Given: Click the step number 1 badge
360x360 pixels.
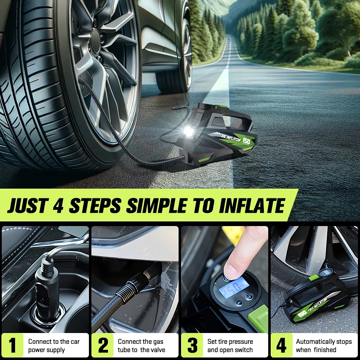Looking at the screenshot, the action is (13, 345).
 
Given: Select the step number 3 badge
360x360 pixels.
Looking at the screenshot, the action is (192, 345).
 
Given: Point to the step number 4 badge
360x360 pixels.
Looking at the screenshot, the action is (282, 345).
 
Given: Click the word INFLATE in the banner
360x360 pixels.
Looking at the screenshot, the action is (252, 205).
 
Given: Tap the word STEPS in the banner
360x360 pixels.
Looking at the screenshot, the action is (95, 205).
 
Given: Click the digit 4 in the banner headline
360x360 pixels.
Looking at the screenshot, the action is (58, 205).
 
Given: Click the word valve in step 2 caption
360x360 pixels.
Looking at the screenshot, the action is (158, 350).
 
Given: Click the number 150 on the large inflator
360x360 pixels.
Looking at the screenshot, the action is (246, 141).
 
